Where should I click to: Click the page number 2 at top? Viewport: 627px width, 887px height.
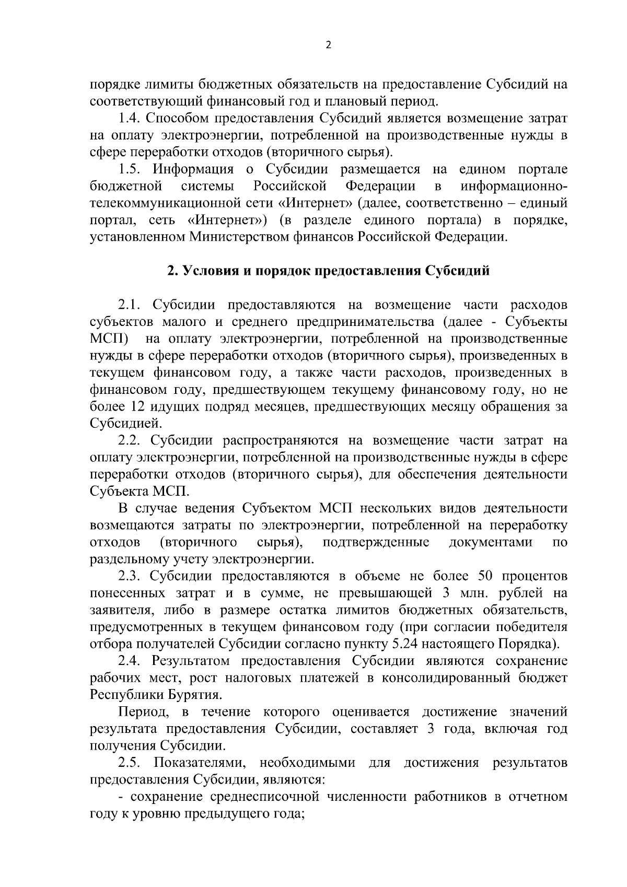coord(328,45)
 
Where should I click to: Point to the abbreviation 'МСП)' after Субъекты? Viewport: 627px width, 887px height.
coord(109,339)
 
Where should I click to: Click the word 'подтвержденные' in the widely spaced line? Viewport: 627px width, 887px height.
coord(376,542)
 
